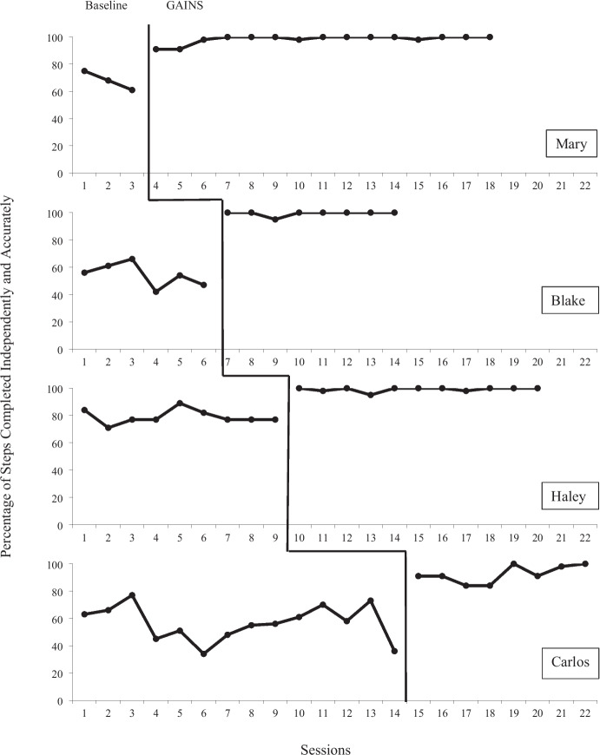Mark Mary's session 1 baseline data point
[84, 71]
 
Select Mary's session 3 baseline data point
[132, 90]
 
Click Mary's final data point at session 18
[490, 37]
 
